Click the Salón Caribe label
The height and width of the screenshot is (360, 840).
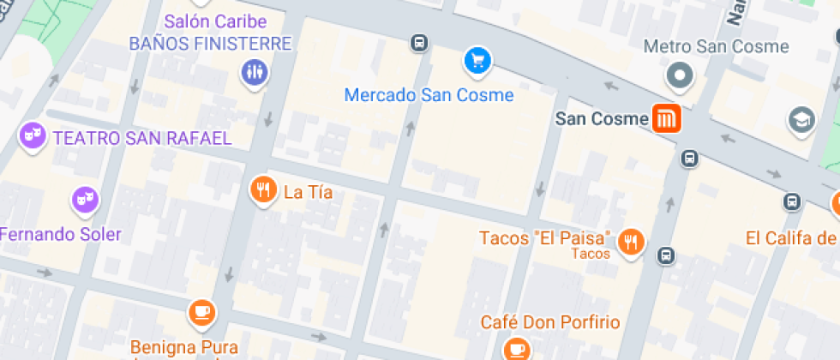click(x=215, y=21)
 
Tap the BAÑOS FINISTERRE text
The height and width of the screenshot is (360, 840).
click(x=211, y=43)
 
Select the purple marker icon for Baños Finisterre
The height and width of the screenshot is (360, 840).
click(x=255, y=72)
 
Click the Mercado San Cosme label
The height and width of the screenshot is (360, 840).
click(x=429, y=95)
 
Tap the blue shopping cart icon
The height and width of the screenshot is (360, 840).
click(x=477, y=60)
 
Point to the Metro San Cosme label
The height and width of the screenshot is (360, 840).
click(x=716, y=46)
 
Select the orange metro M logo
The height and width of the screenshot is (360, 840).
click(x=666, y=118)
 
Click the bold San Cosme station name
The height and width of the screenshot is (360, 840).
click(x=601, y=119)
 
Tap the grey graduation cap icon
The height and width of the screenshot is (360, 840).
click(x=801, y=118)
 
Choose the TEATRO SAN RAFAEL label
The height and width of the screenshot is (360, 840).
click(x=142, y=137)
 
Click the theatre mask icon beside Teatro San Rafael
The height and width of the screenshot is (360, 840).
click(x=33, y=135)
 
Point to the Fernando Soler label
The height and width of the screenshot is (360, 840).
click(x=60, y=234)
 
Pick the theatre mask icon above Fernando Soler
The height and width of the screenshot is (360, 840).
click(x=85, y=201)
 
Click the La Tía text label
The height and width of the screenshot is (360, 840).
click(x=308, y=193)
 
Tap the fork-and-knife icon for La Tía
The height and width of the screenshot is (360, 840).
click(x=263, y=190)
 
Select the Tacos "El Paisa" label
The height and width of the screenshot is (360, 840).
click(x=545, y=237)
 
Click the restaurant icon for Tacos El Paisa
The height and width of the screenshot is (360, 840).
click(x=633, y=242)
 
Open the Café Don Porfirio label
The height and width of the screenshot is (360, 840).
click(x=549, y=322)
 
